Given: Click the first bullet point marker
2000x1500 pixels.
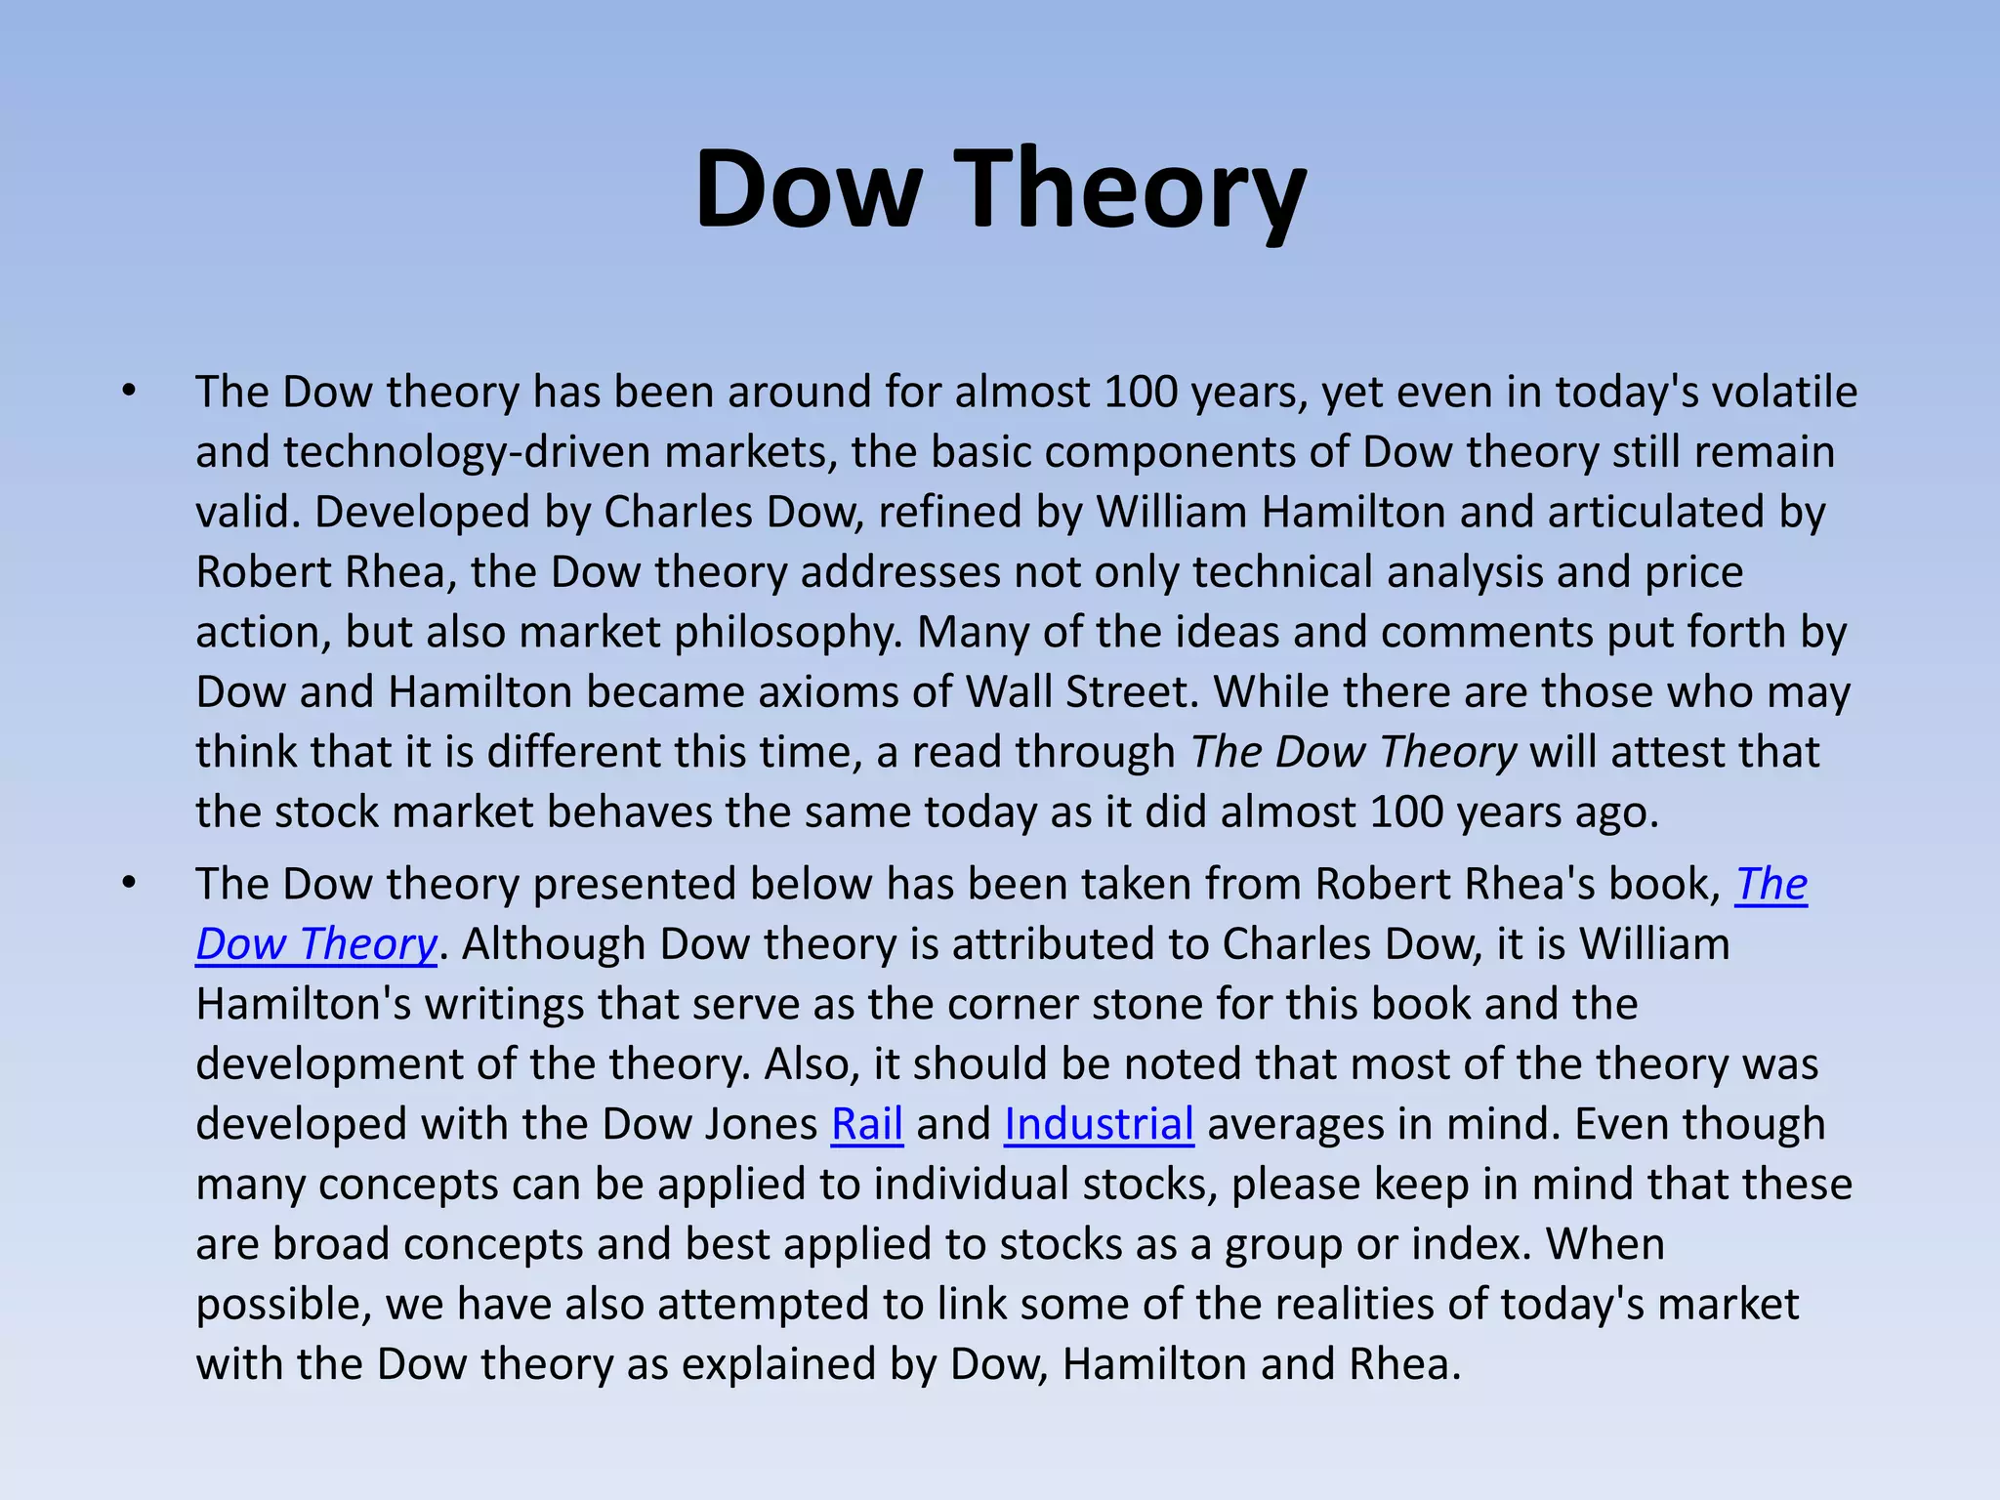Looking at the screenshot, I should [129, 392].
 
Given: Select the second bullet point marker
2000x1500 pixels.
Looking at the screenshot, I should [129, 884].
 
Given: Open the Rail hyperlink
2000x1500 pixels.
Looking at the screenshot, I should [866, 1124].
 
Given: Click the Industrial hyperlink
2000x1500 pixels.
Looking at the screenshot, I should [1099, 1124].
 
